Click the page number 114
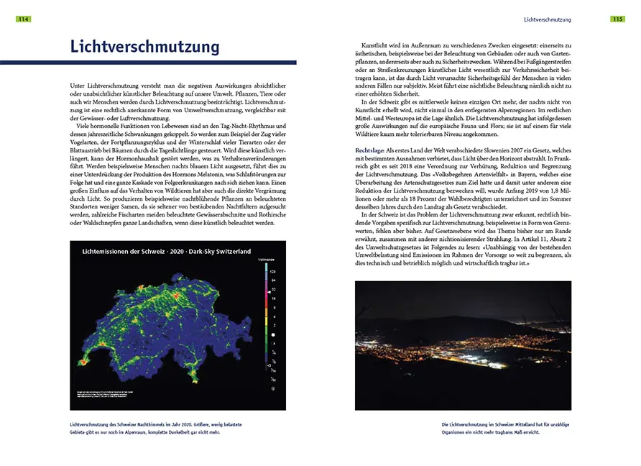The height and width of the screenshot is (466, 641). [x=23, y=19]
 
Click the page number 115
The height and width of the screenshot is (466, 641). [x=617, y=19]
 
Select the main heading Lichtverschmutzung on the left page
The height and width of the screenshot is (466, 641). [x=144, y=47]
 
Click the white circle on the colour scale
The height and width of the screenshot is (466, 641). [x=272, y=335]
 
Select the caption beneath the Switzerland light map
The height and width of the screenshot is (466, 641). [x=172, y=429]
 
